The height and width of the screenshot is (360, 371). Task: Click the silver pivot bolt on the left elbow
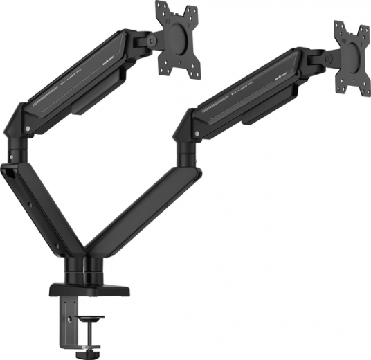point(27,129)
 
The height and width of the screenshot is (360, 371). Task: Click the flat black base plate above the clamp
point(84,286)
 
